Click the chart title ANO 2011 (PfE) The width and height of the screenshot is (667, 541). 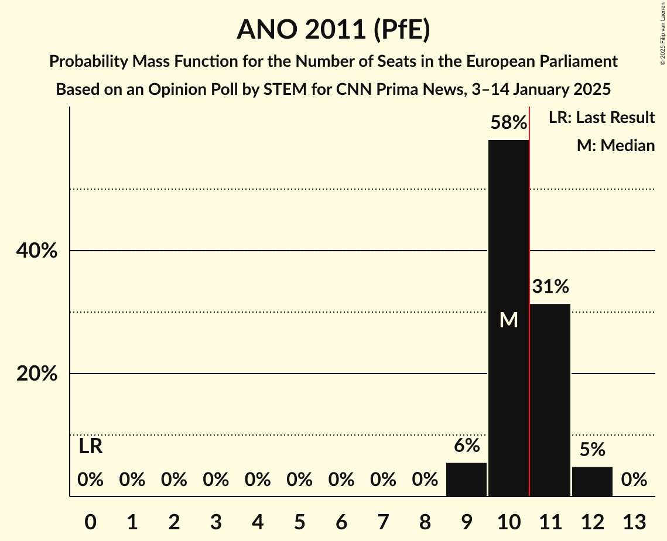click(333, 29)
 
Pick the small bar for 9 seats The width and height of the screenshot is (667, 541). click(466, 480)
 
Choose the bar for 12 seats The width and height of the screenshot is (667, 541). click(592, 481)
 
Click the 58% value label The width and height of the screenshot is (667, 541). click(508, 123)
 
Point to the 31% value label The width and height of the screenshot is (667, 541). click(550, 287)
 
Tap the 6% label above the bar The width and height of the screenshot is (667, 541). click(466, 446)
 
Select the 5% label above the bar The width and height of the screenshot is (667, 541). click(592, 450)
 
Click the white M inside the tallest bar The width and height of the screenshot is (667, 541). click(508, 320)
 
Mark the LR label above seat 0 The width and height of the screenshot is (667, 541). click(90, 447)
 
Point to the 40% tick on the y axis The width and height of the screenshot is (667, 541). click(37, 251)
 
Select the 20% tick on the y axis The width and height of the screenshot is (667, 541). click(37, 374)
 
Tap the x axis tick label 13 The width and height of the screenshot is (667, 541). click(634, 521)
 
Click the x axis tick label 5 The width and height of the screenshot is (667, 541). click(299, 521)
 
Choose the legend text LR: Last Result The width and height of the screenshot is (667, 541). click(601, 118)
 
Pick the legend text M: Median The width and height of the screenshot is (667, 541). click(615, 145)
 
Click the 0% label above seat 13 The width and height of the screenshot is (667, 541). click(634, 480)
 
